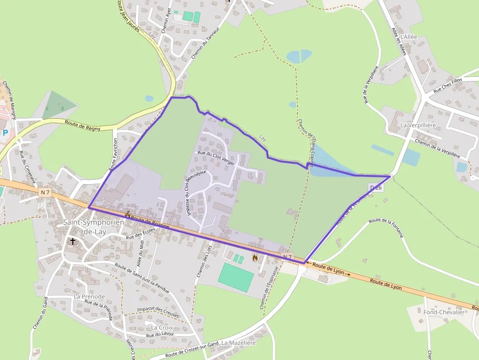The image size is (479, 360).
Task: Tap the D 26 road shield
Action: tap(375, 188)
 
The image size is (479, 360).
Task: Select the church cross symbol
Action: tap(73, 241)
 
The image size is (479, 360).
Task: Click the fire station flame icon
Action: tap(255, 257)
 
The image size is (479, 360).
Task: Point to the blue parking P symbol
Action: tap(5, 132)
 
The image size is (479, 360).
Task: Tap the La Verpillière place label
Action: tap(417, 125)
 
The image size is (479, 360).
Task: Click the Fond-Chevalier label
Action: tap(443, 312)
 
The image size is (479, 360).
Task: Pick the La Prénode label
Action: tap(89, 296)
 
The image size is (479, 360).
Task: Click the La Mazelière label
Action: tap(239, 343)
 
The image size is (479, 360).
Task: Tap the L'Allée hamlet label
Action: tap(409, 37)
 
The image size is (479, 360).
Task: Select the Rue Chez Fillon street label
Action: tap(448, 86)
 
